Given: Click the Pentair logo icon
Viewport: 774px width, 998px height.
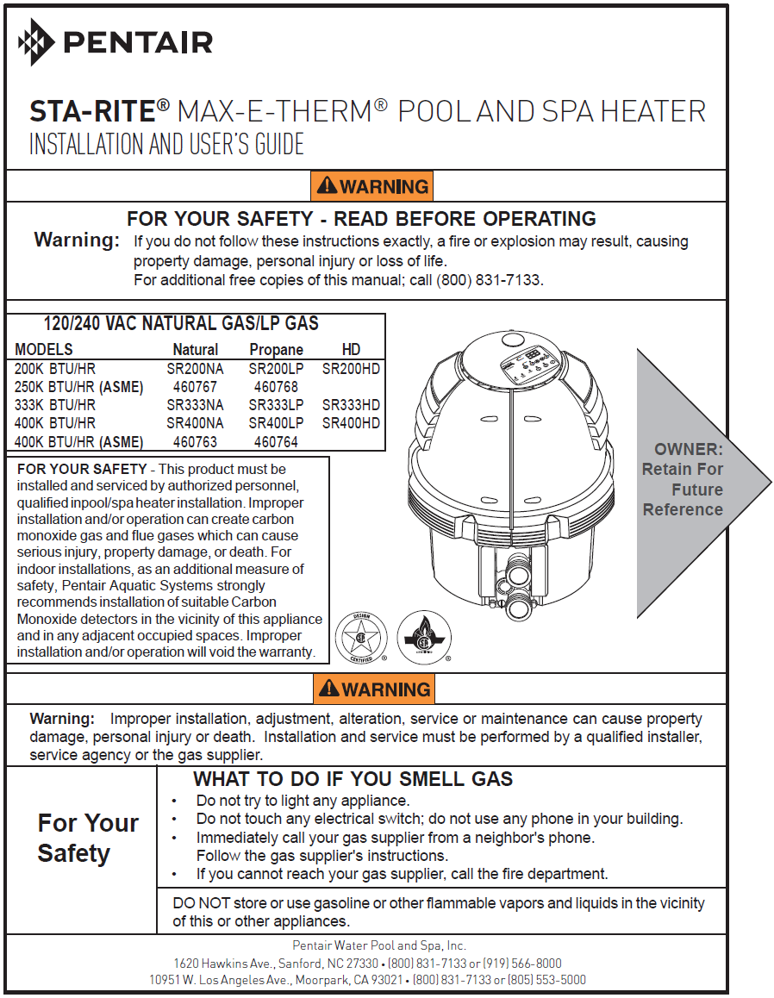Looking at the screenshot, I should [35, 41].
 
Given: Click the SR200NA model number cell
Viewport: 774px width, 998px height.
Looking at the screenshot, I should [195, 368].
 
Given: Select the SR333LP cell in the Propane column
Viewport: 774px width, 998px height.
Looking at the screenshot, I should [276, 405].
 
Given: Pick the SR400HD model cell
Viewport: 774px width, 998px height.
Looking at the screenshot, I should [351, 423].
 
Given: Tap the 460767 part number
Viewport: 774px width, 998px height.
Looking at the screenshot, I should [195, 387].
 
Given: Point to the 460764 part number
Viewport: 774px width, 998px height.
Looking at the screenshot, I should [276, 442].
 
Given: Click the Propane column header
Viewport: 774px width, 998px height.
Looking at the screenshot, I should [276, 350].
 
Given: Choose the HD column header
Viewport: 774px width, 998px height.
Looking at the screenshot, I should [351, 350].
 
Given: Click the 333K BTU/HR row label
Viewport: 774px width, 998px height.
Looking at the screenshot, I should [55, 405].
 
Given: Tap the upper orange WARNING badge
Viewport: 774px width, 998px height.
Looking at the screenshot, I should [372, 186].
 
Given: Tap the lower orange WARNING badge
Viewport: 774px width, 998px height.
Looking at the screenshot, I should [374, 689].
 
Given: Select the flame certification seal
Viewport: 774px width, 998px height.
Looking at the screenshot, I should [424, 637].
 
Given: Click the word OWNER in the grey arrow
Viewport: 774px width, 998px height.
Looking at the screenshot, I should [688, 449].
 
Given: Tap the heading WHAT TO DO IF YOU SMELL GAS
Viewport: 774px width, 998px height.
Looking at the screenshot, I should [353, 779].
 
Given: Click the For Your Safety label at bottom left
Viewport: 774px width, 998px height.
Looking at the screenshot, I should [87, 838].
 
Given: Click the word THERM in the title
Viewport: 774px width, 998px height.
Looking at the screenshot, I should [328, 112].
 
